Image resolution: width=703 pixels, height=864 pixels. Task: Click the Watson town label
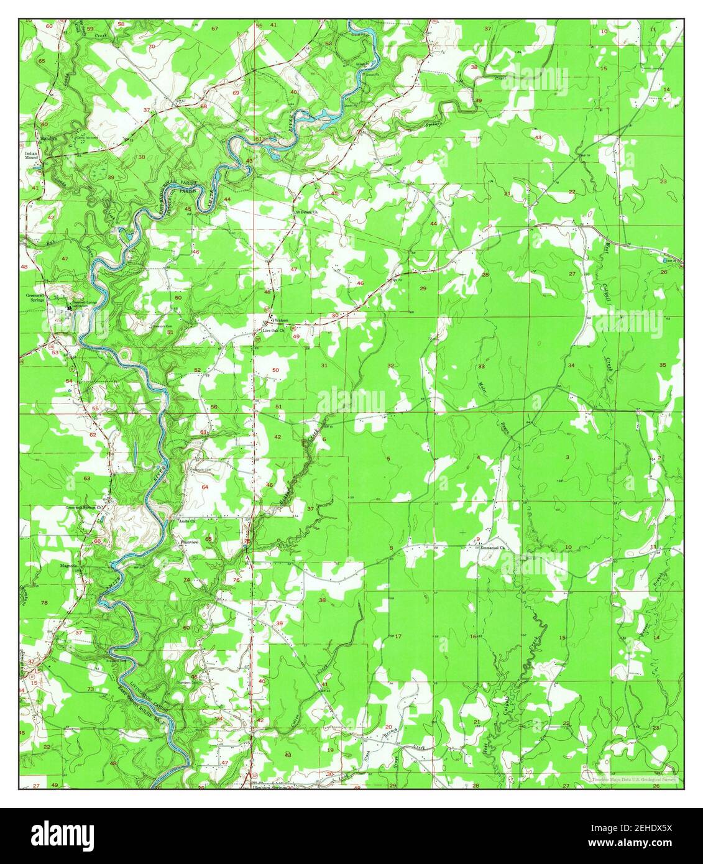tap(281, 320)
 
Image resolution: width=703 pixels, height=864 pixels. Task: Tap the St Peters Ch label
tap(306, 211)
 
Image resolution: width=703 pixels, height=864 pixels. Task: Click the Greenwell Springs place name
tap(36, 298)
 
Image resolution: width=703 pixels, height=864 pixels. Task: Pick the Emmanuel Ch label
tap(494, 548)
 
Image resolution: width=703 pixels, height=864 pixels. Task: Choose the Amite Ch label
tap(187, 521)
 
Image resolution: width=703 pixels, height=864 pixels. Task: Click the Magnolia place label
tap(68, 566)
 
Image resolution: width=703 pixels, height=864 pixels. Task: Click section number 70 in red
tap(151, 47)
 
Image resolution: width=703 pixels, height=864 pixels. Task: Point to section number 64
tap(205, 487)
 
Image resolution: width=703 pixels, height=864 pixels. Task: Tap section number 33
tap(481, 367)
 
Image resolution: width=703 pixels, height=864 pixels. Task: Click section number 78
tap(44, 603)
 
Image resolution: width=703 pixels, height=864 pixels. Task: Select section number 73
tap(91, 689)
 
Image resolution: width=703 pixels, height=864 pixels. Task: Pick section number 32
tap(391, 365)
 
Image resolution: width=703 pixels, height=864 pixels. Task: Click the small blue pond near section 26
tap(666, 259)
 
